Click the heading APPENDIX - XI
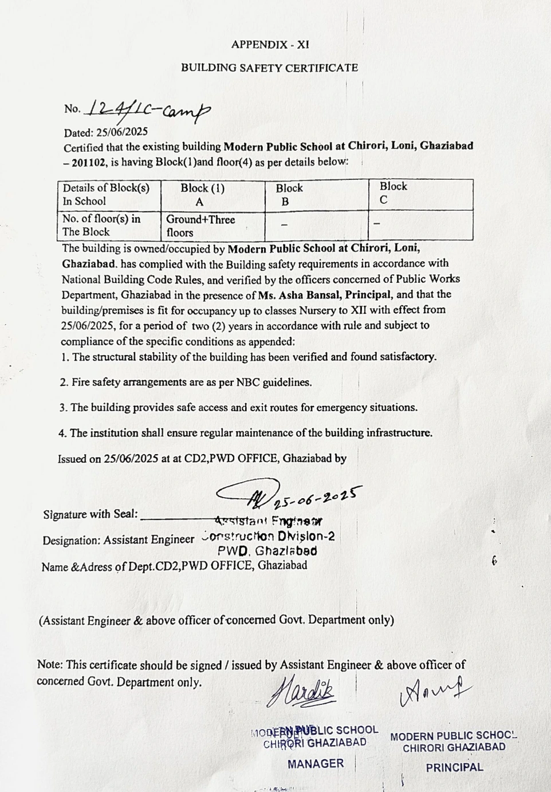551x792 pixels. click(x=270, y=45)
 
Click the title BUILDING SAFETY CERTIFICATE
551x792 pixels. click(x=269, y=68)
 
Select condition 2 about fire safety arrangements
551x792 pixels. click(x=186, y=382)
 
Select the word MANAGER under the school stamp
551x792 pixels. click(x=316, y=763)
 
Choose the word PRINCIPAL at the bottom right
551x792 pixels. click(x=454, y=767)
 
